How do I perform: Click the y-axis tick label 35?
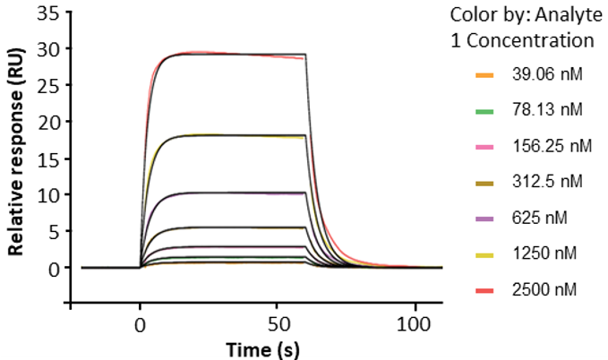(x=49, y=13)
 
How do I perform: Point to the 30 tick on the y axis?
(x=49, y=48)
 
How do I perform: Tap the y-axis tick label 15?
(x=49, y=158)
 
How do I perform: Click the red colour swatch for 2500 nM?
(x=484, y=289)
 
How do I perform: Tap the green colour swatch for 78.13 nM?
(x=484, y=110)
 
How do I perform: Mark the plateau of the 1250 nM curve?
(x=233, y=135)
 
